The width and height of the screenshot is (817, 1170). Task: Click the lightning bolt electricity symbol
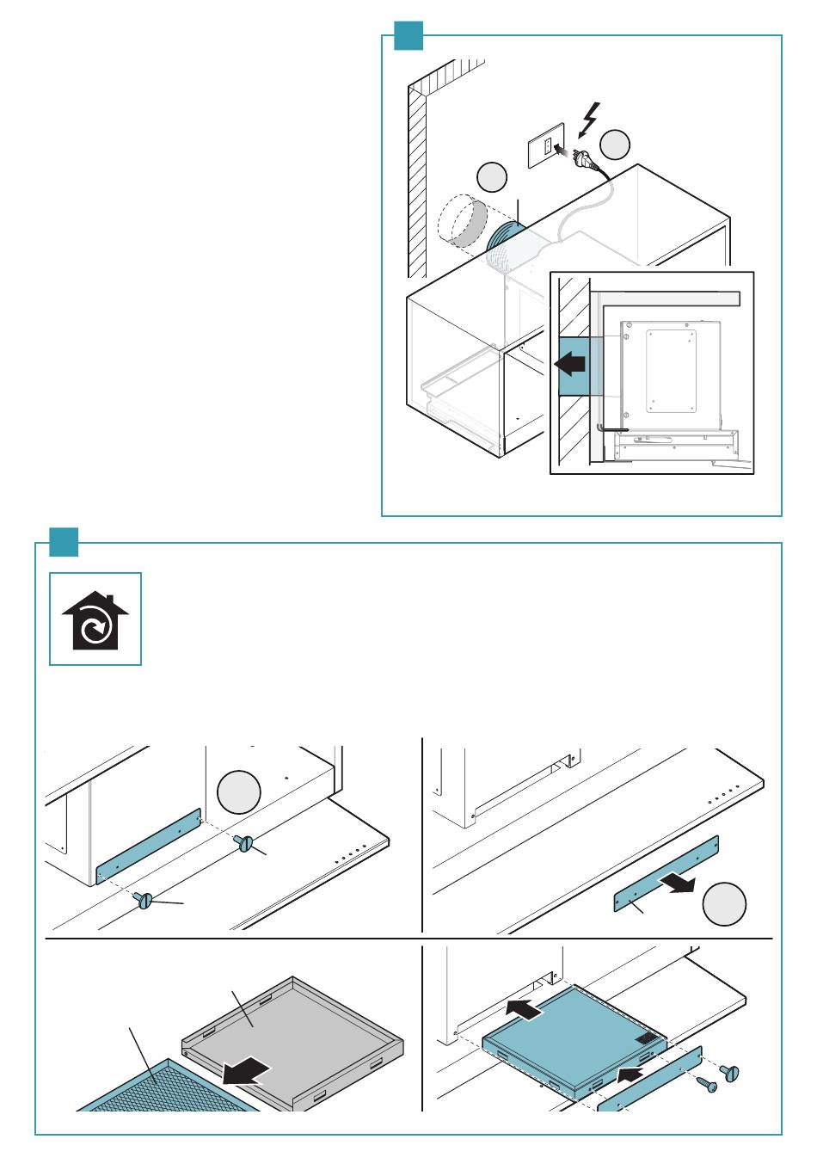[x=590, y=120]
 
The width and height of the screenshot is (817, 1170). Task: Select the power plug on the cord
[x=582, y=160]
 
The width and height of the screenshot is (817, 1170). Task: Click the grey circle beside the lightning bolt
[x=615, y=145]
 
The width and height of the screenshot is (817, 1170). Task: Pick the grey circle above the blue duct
[x=492, y=176]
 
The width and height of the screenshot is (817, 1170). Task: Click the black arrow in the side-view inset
[x=570, y=364]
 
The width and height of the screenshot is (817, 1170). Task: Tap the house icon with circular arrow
[x=95, y=619]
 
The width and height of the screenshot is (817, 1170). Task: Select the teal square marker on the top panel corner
[x=408, y=35]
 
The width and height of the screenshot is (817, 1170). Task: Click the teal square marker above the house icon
[x=64, y=542]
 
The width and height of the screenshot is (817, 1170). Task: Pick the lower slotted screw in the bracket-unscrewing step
[x=144, y=901]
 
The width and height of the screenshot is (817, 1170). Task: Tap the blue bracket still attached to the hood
[x=149, y=847]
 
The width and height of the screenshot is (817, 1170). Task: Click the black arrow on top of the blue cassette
[x=524, y=1009]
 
